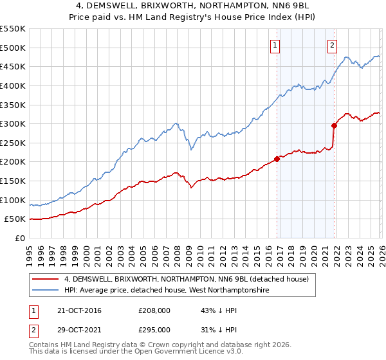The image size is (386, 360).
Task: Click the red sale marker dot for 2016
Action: click(x=277, y=159)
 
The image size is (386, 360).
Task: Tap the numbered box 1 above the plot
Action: click(x=275, y=45)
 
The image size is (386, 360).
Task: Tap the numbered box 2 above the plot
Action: click(x=332, y=45)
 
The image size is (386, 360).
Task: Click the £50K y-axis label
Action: click(x=15, y=219)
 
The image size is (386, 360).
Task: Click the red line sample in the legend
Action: click(x=46, y=279)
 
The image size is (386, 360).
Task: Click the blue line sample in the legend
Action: click(x=46, y=291)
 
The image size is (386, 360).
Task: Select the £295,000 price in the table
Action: click(x=154, y=329)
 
